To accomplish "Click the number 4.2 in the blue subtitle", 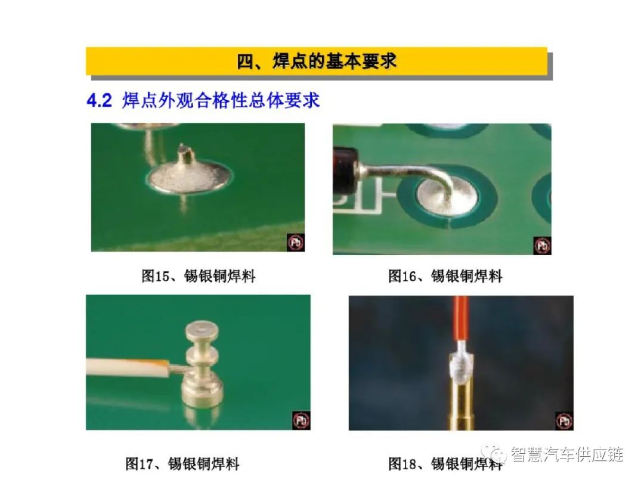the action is point(99,101).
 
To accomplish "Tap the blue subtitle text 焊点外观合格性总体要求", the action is point(221,101).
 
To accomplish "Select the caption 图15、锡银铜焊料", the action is point(199,275).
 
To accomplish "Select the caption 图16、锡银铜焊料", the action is point(445,275).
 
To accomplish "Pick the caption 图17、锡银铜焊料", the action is point(182,464).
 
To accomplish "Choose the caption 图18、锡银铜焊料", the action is point(445,464).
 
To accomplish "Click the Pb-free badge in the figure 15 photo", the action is point(295,242).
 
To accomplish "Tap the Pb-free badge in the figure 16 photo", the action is point(542,246).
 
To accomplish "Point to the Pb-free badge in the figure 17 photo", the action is point(301,420).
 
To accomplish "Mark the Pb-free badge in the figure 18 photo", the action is point(564,421).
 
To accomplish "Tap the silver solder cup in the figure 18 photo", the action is point(460,366).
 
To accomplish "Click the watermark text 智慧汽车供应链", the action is point(567,454).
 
